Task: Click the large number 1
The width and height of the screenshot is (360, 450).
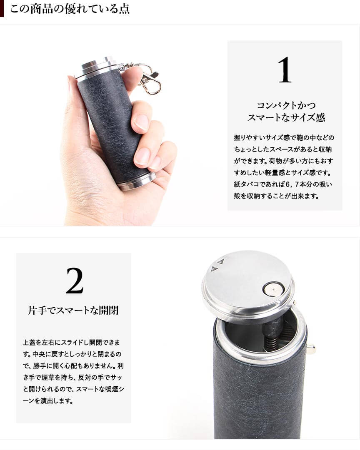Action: (x=285, y=70)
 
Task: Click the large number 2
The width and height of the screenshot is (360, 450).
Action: (x=75, y=281)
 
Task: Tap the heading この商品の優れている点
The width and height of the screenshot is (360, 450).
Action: (x=70, y=9)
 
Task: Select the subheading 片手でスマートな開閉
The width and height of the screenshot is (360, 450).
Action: (x=73, y=310)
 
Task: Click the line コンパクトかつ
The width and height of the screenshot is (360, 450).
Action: (x=286, y=105)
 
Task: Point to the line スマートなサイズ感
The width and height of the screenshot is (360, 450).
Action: (x=286, y=117)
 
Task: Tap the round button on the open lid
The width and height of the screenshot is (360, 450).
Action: (x=273, y=288)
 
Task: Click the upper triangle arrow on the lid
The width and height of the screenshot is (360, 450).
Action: (x=220, y=261)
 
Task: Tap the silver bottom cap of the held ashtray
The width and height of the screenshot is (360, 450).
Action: (x=137, y=181)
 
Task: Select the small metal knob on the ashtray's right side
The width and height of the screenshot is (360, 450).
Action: (x=311, y=349)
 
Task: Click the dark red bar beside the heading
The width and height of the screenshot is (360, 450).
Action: (x=2, y=9)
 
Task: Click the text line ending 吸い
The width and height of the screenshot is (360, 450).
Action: (x=283, y=184)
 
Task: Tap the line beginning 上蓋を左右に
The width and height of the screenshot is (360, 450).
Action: (x=71, y=342)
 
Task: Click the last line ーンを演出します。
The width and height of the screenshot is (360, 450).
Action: (x=47, y=401)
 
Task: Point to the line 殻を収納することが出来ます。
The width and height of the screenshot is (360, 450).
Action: (x=276, y=196)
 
